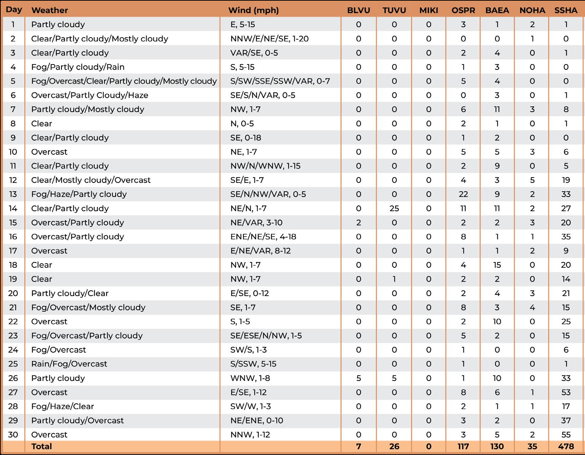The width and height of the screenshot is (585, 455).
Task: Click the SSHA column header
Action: point(566,10)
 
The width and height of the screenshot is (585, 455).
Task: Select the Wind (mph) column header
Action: point(253,10)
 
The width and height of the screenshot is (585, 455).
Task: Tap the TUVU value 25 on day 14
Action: point(394,208)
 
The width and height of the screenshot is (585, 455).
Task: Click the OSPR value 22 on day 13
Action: point(463,194)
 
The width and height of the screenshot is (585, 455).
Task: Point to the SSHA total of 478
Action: point(566,446)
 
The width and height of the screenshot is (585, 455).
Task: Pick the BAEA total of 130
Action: point(497,446)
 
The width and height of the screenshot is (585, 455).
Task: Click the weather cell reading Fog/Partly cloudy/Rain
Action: point(78,67)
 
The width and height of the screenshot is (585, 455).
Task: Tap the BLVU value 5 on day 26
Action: point(358,378)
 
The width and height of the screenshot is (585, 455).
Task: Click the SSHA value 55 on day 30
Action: point(566,435)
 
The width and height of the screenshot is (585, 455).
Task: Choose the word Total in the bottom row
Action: point(42,446)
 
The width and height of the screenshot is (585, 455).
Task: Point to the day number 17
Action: point(13,251)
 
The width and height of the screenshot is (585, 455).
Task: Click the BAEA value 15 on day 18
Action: point(497,265)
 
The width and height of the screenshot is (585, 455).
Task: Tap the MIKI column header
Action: point(428,10)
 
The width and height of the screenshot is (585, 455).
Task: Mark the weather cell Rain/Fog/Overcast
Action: point(69,364)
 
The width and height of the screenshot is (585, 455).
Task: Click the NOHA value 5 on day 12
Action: point(532,180)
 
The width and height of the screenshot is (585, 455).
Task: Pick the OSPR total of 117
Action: point(463,446)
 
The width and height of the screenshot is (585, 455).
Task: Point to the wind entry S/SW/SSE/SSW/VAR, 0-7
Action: point(280,81)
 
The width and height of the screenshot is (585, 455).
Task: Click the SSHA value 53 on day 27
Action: point(566,392)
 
